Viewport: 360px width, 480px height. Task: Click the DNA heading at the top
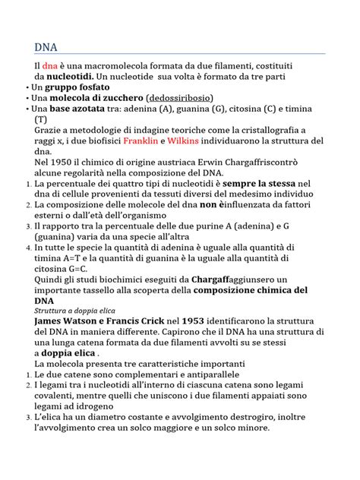click(46, 47)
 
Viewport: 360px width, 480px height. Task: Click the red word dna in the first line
click(50, 66)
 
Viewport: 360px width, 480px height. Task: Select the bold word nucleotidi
click(71, 77)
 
